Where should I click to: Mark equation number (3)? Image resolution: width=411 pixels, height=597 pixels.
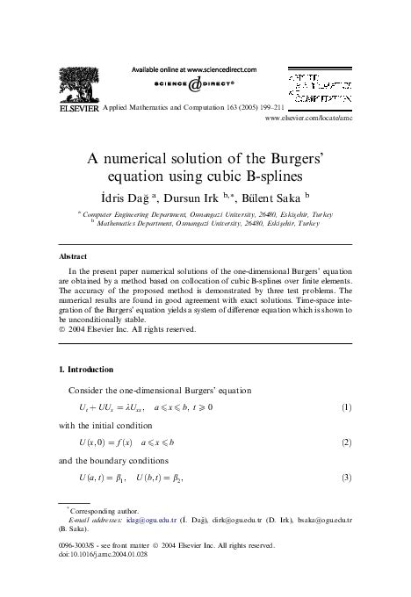point(347,477)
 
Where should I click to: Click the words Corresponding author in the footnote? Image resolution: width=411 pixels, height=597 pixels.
point(102,509)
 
